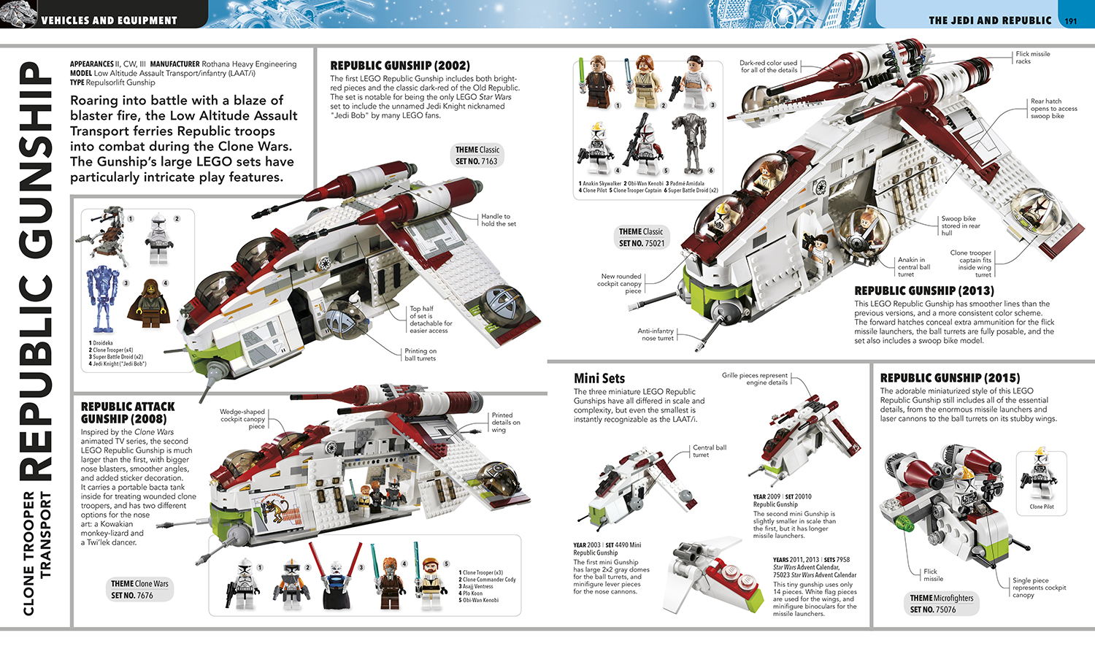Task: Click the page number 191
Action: click(x=1071, y=21)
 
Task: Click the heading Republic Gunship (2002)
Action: click(x=400, y=66)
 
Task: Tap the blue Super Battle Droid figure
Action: click(x=102, y=299)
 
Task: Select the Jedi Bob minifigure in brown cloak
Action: click(x=149, y=303)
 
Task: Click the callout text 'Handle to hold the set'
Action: click(x=498, y=220)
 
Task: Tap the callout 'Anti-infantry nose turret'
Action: click(x=656, y=334)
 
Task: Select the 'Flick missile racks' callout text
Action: click(x=1033, y=57)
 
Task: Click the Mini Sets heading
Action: click(x=599, y=378)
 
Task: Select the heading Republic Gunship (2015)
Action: click(x=950, y=378)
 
